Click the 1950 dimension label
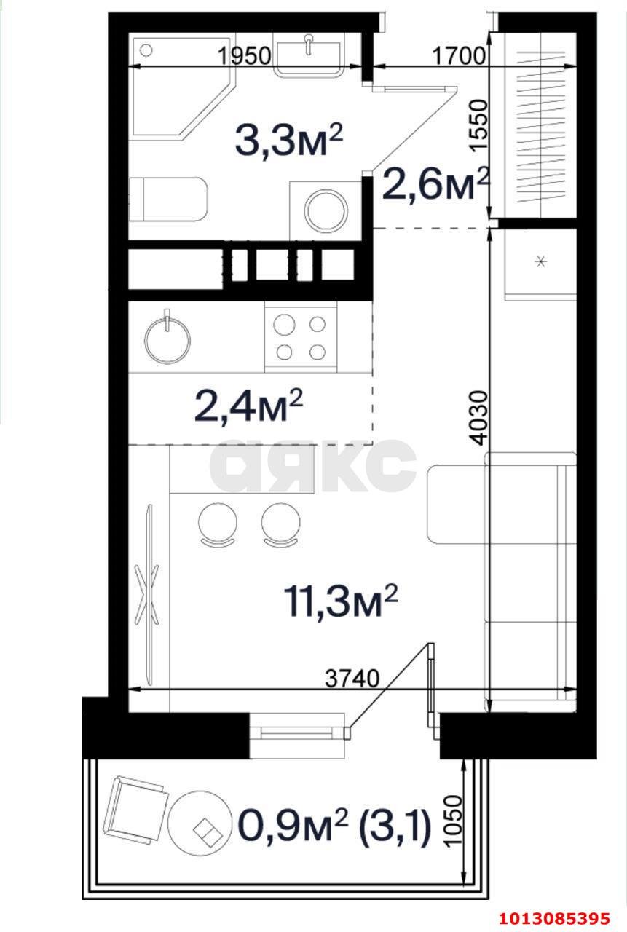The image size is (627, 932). pos(244,55)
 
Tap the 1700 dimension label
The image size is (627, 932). pos(459,55)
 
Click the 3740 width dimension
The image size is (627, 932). pos(352,679)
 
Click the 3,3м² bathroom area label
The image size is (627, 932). pos(289,141)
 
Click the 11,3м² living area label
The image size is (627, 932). pos(341,601)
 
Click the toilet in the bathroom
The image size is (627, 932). pos(168,200)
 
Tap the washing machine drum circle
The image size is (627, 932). pos(326,210)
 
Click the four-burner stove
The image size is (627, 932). pos(301,336)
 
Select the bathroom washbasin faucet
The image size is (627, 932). pos(308,44)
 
